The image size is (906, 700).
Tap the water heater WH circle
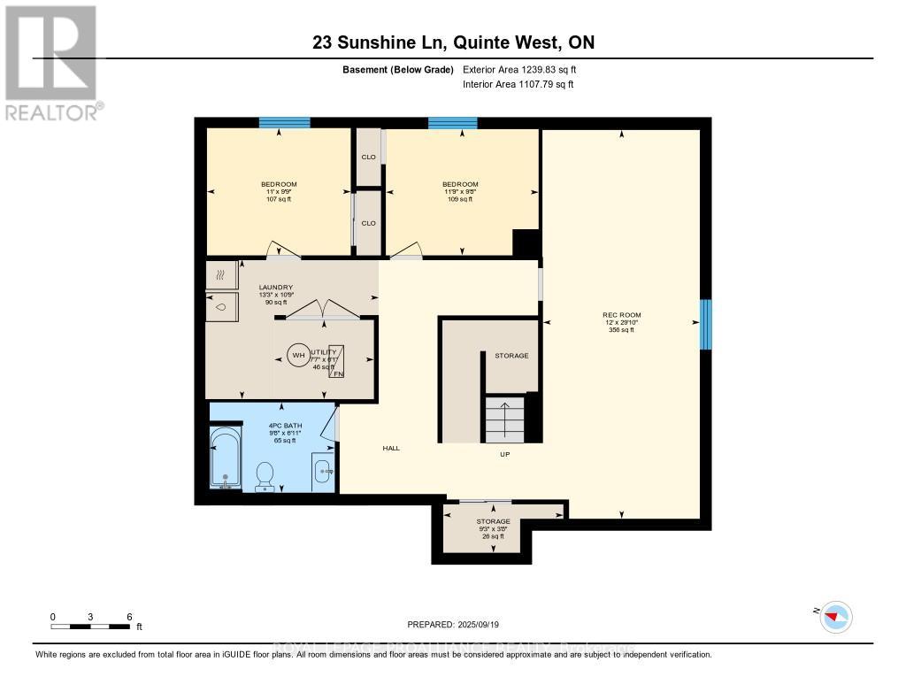(298, 357)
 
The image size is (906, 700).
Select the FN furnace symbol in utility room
(337, 361)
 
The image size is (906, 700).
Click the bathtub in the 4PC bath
(226, 459)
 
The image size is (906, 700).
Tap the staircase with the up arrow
(504, 419)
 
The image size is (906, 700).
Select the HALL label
(391, 448)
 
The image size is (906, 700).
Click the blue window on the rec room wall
(705, 324)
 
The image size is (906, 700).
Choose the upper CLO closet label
(368, 158)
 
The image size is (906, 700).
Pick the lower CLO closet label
(368, 223)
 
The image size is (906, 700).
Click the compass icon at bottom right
(835, 616)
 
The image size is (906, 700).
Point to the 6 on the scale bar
(129, 616)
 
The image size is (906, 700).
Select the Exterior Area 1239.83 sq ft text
(519, 69)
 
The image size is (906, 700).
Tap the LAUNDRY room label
(275, 288)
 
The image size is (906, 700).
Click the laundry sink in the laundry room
(221, 306)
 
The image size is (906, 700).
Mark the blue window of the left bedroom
(284, 123)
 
